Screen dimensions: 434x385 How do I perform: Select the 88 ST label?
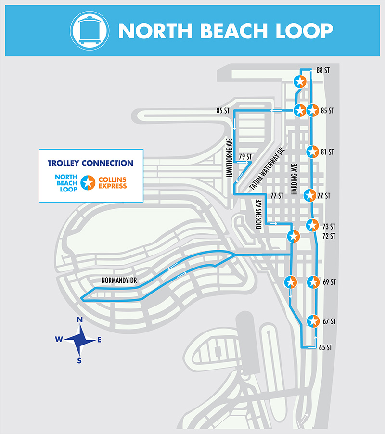[322, 70]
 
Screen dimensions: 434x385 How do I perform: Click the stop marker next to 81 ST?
[313, 152]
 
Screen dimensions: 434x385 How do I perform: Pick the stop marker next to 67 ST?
[313, 320]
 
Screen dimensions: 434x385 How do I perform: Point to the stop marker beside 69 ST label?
[313, 282]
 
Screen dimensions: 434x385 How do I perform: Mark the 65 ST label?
[326, 347]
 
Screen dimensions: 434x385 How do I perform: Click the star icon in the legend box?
[88, 182]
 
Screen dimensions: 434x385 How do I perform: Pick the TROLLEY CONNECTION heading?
[90, 163]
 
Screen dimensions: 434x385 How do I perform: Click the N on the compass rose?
[80, 319]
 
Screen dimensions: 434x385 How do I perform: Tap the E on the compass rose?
[100, 340]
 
